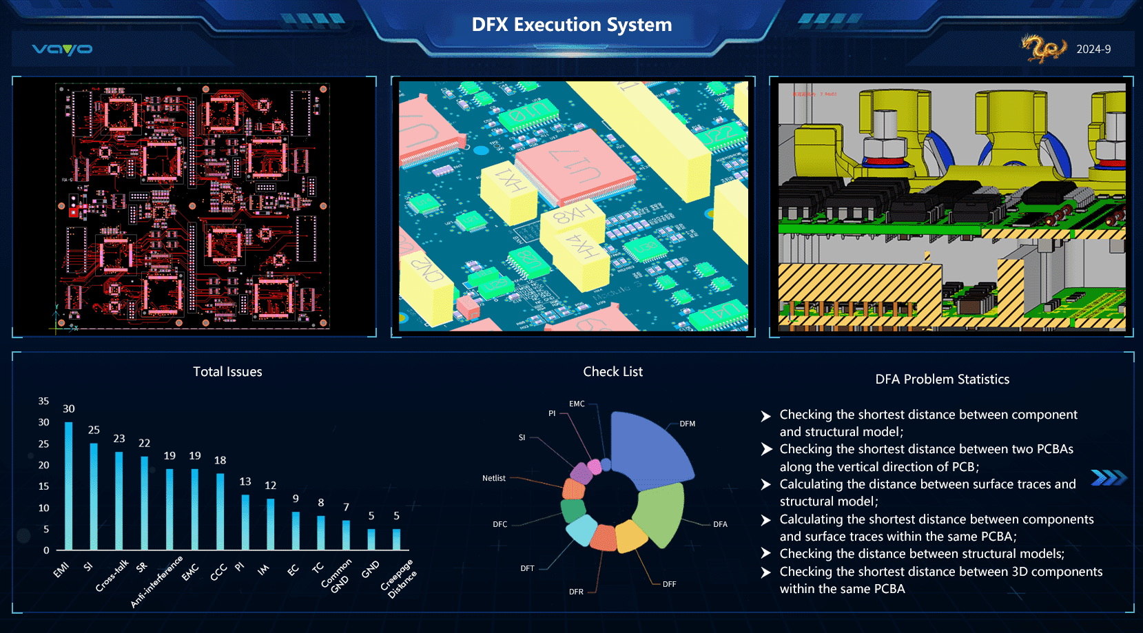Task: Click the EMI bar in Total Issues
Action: coord(69,486)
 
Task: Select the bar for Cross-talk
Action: coord(119,500)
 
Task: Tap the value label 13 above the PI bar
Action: coord(245,481)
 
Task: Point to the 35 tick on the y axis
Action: coord(43,401)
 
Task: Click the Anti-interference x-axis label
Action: coord(157,582)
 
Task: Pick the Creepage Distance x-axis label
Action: coord(399,579)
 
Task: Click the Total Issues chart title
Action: coord(227,372)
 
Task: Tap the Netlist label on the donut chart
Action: coord(494,478)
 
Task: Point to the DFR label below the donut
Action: coord(576,592)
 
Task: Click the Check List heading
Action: coord(612,372)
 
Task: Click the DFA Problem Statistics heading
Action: coord(942,380)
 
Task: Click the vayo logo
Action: coord(62,49)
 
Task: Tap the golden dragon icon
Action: coord(1043,48)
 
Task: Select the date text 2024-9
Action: coord(1093,50)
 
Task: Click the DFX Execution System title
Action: coord(571,25)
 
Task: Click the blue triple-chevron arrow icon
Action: coord(1109,477)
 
